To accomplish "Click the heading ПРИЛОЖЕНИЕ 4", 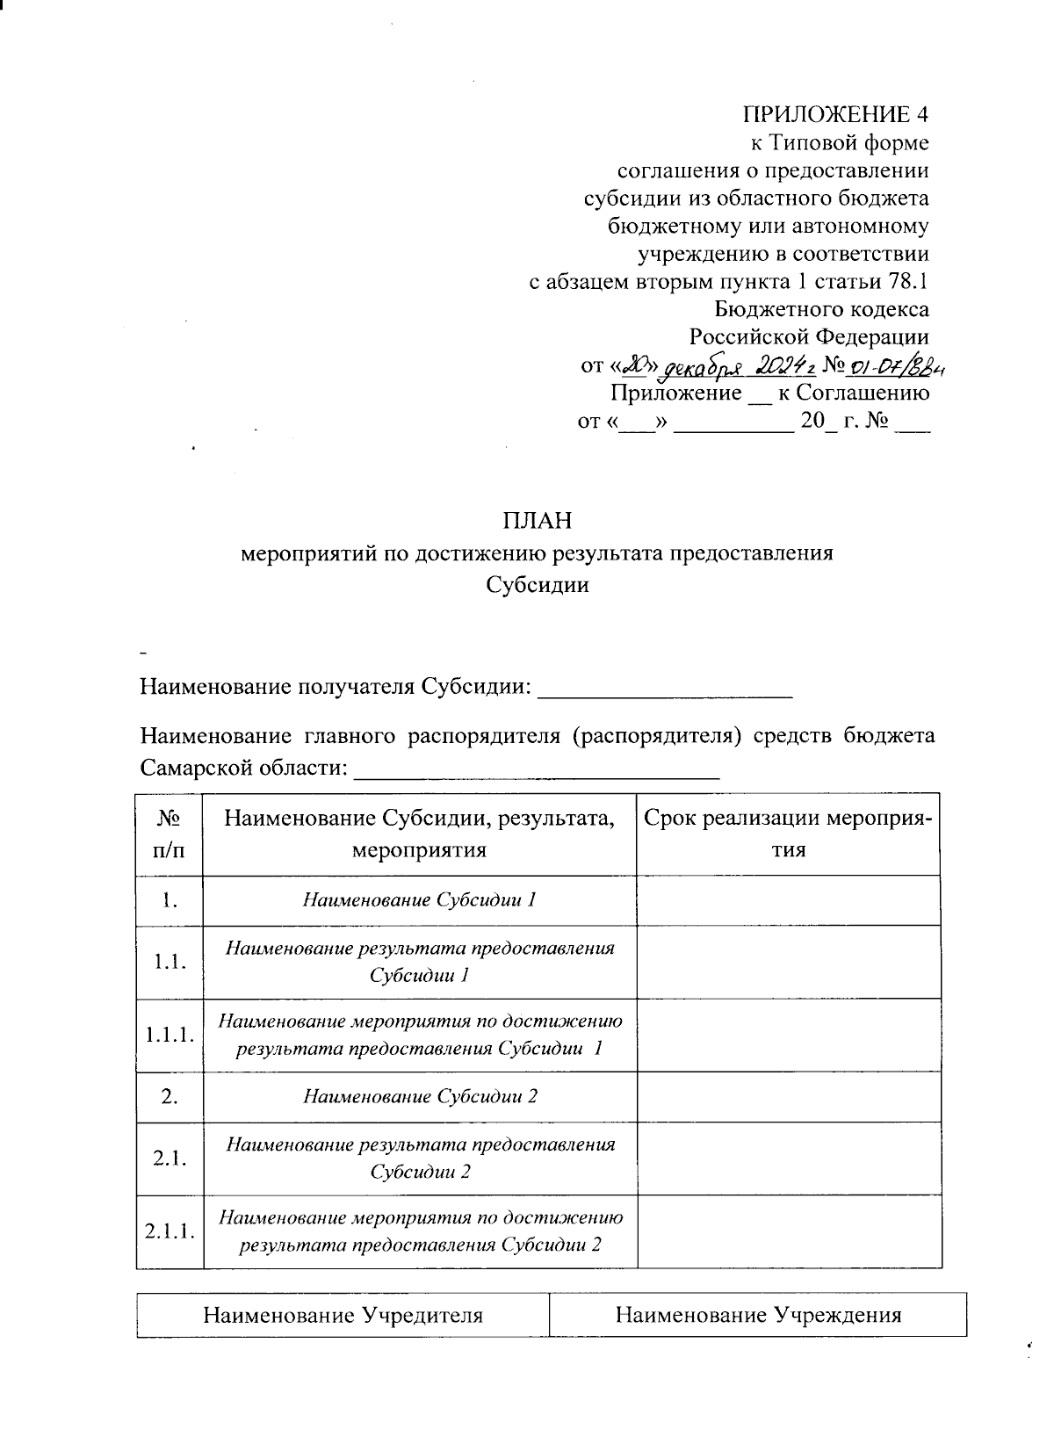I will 835,115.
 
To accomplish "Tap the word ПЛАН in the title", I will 537,521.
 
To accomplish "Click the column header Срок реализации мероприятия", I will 788,834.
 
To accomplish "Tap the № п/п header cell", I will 169,834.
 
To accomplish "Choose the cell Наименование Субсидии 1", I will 419,900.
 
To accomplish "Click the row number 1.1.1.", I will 170,1035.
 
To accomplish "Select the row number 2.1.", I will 170,1159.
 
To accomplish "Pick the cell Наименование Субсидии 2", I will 420,1096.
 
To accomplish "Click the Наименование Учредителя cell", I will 343,1315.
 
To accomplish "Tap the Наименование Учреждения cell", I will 758,1315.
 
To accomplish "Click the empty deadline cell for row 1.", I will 788,900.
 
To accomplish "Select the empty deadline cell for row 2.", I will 788,1096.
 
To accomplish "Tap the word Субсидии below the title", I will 537,585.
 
